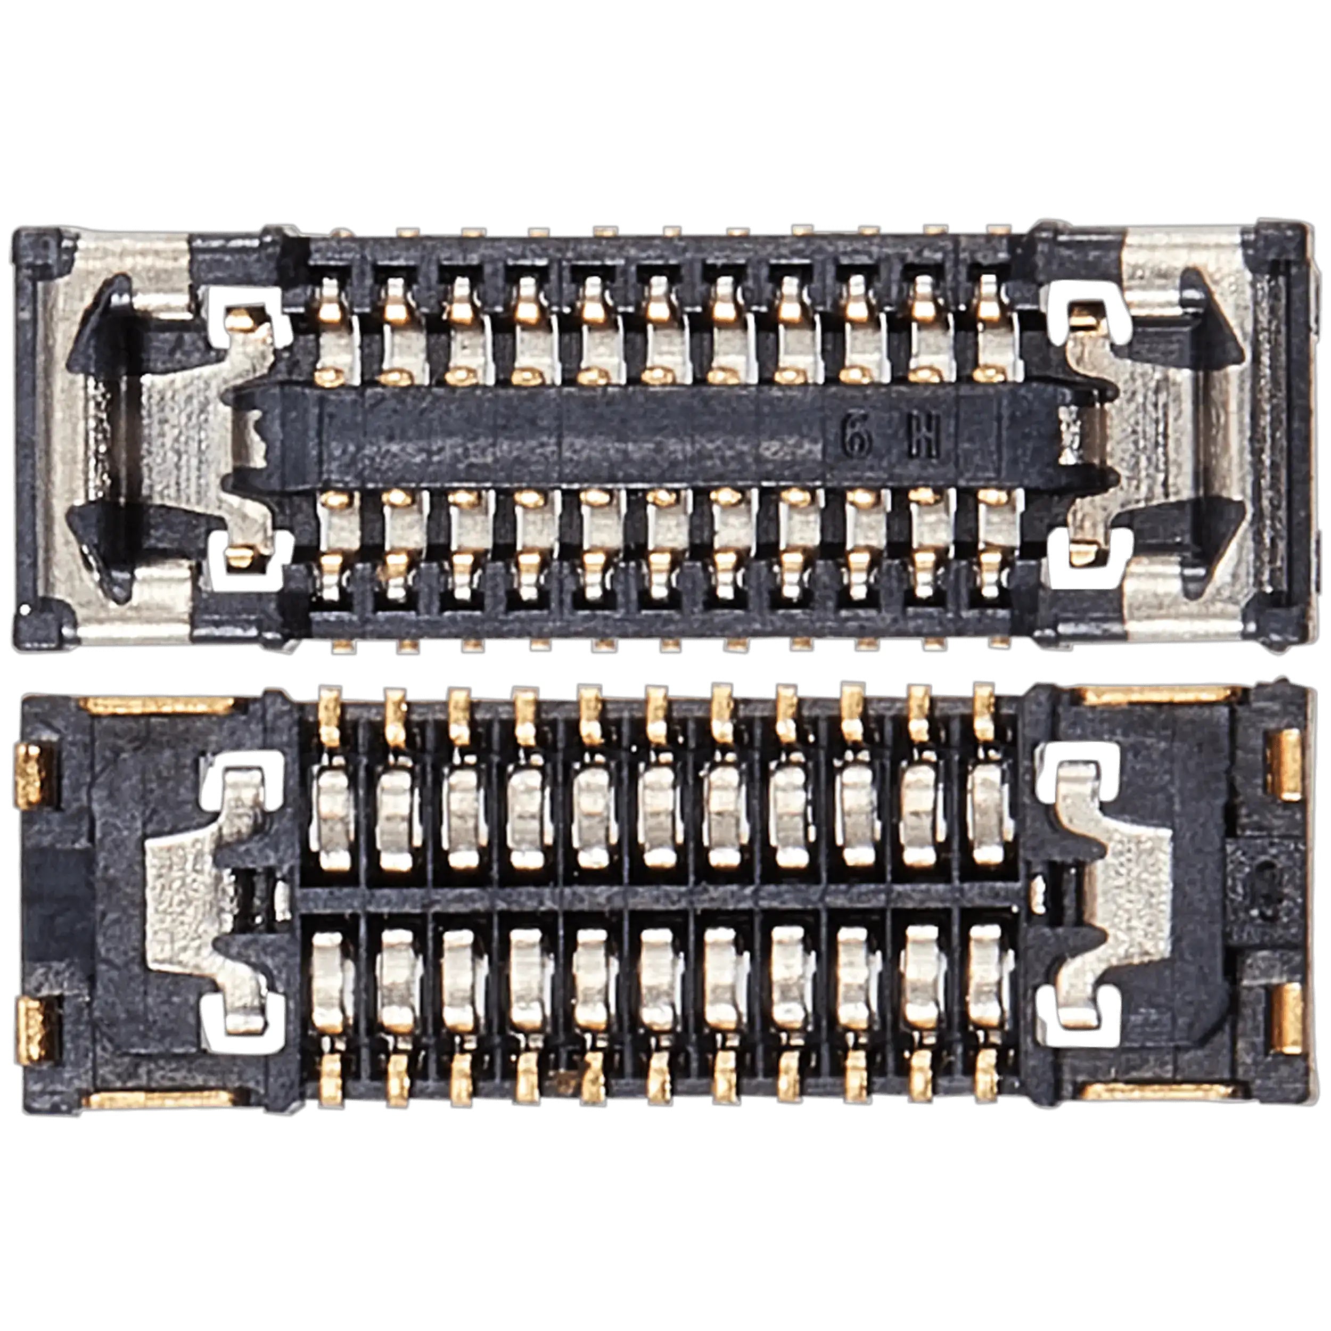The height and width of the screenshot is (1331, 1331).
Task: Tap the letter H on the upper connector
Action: (923, 439)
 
